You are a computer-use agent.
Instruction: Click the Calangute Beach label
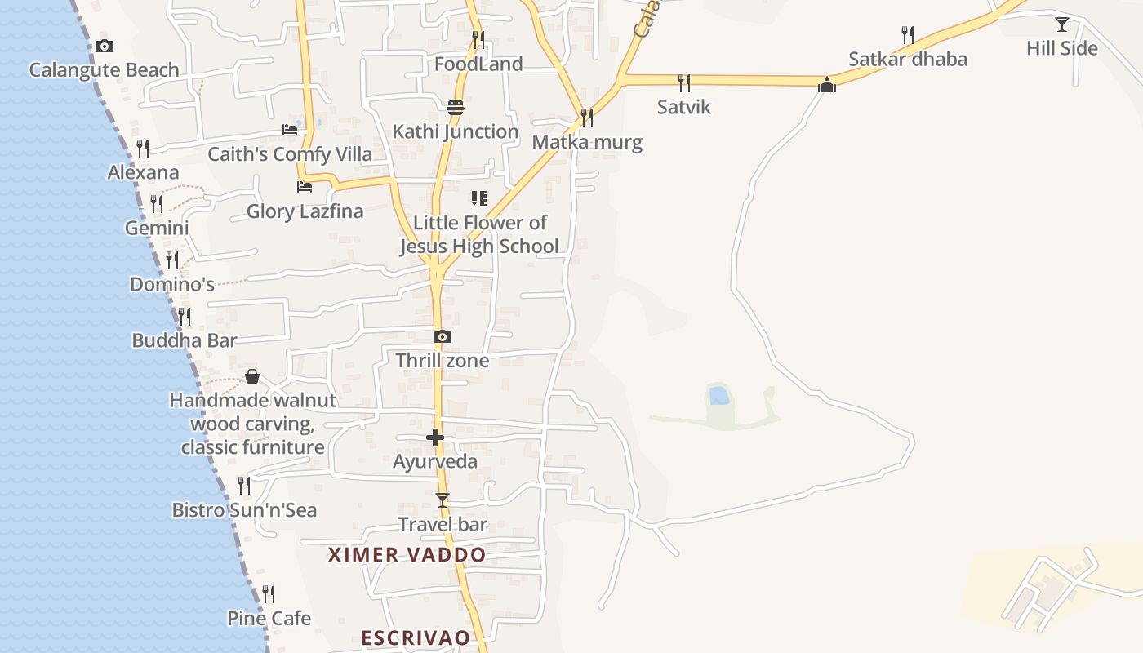pos(104,70)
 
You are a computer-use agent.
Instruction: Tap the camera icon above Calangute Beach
pos(105,47)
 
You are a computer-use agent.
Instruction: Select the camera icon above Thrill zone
pos(442,336)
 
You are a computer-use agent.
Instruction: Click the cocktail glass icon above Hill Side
pos(1061,24)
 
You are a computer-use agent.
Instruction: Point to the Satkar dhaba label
pos(907,59)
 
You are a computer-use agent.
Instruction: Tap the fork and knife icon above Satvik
pos(684,82)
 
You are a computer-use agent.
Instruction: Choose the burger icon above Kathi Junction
pos(456,108)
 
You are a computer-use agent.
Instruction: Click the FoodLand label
pos(478,64)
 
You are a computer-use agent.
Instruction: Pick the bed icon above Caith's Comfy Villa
pos(290,130)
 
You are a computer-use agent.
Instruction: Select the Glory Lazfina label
pos(305,211)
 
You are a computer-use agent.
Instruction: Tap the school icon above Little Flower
pos(479,198)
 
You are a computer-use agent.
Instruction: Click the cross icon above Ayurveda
pos(435,438)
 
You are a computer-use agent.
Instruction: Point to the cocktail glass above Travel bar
pos(443,500)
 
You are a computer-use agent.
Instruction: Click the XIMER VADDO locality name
pos(407,555)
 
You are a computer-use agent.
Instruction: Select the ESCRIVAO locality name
pos(416,637)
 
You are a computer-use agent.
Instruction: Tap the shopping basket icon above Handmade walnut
pos(252,376)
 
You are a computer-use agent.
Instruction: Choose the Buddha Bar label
pos(185,340)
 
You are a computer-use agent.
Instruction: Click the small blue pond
pos(719,396)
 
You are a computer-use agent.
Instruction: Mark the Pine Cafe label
pos(269,618)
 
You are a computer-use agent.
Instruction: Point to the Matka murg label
pos(587,142)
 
